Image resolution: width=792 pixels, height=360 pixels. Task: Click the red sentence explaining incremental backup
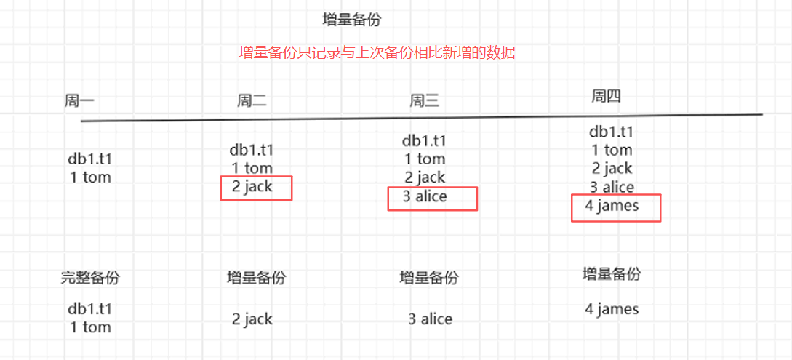[x=377, y=52]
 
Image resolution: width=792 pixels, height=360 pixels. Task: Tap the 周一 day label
[x=79, y=101]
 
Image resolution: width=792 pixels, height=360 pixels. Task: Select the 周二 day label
[x=252, y=101]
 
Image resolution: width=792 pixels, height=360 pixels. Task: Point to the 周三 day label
[x=424, y=101]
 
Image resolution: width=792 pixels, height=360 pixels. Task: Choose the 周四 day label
[x=606, y=96]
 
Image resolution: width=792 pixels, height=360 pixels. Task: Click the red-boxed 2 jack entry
[x=252, y=187]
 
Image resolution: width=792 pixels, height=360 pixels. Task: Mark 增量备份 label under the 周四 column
[x=612, y=274]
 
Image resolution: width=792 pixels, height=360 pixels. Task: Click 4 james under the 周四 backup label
[x=612, y=309]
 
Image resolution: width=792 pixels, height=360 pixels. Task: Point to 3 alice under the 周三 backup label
[x=430, y=319]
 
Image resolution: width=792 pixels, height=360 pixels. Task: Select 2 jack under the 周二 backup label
[x=252, y=319]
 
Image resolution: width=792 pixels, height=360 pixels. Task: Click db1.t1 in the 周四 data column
[x=611, y=132]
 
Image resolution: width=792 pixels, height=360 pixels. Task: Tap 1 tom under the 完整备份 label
[x=90, y=327]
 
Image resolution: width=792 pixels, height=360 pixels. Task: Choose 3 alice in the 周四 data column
[x=612, y=187]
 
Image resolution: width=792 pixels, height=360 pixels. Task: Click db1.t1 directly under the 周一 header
[x=90, y=159]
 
